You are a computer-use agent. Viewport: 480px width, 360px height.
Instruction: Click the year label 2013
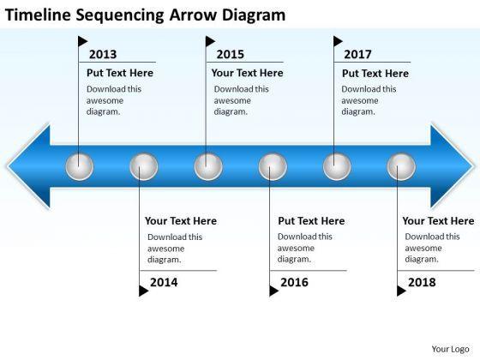pyautogui.click(x=103, y=55)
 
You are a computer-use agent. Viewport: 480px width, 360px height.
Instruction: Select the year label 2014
pyautogui.click(x=164, y=282)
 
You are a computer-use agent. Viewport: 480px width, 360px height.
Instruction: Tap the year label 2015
pyautogui.click(x=231, y=55)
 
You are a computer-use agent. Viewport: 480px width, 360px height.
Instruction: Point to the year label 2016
pyautogui.click(x=294, y=282)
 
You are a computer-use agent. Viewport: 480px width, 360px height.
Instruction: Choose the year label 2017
pyautogui.click(x=357, y=55)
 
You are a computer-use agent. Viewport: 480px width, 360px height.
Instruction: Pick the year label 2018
pyautogui.click(x=422, y=282)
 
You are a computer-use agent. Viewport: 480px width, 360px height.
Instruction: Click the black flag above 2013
pyautogui.click(x=82, y=41)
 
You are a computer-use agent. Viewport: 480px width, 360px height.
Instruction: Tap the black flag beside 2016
pyautogui.click(x=274, y=291)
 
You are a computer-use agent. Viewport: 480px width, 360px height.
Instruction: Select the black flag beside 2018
pyautogui.click(x=402, y=291)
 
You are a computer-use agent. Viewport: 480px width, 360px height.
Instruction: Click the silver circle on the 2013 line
pyautogui.click(x=80, y=167)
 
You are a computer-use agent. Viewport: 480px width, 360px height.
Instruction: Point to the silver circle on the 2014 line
pyautogui.click(x=144, y=167)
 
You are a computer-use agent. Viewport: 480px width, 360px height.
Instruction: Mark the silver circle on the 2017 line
pyautogui.click(x=337, y=167)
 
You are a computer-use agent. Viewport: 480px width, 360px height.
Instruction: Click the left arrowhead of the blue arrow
pyautogui.click(x=29, y=166)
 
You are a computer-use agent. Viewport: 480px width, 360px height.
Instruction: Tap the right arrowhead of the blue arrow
pyautogui.click(x=452, y=166)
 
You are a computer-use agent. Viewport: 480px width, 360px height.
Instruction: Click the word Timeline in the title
pyautogui.click(x=39, y=15)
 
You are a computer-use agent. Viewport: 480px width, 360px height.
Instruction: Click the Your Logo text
pyautogui.click(x=450, y=350)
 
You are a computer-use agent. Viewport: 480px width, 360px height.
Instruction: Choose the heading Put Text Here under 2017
pyautogui.click(x=375, y=74)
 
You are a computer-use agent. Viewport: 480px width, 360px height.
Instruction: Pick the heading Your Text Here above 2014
pyautogui.click(x=181, y=221)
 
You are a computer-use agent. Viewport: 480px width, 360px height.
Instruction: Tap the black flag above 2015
pyautogui.click(x=210, y=41)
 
